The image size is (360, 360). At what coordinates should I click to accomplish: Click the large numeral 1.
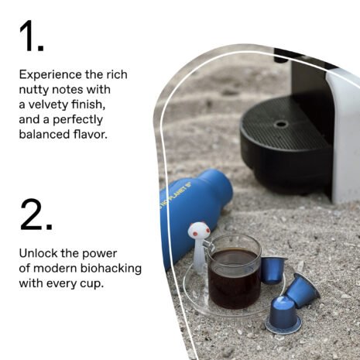click(29, 36)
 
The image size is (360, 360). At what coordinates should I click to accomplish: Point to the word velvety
click(48, 105)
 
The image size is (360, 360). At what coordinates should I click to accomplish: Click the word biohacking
click(111, 269)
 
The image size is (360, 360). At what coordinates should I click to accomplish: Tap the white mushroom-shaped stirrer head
click(199, 231)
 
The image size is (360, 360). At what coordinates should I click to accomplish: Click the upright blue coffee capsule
click(283, 314)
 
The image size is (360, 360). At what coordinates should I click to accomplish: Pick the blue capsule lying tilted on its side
click(301, 290)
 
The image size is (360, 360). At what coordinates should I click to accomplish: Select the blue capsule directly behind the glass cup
click(273, 270)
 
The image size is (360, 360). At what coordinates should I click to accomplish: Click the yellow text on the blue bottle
click(176, 195)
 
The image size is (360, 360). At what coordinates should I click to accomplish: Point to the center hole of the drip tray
click(281, 124)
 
